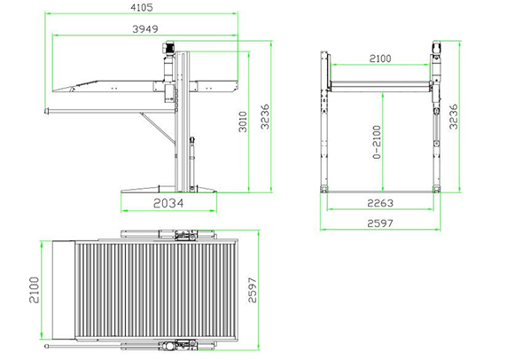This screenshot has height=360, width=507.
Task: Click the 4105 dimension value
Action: pyautogui.click(x=141, y=7)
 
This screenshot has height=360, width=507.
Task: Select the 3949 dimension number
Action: pyautogui.click(x=145, y=29)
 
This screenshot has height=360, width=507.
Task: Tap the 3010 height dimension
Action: pyautogui.click(x=243, y=122)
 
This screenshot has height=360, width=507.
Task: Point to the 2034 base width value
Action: pyautogui.click(x=168, y=203)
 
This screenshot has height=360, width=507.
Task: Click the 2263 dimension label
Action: pyautogui.click(x=380, y=203)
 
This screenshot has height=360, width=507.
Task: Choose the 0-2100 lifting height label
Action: pyautogui.click(x=377, y=143)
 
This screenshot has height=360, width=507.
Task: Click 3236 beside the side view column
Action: pyautogui.click(x=265, y=117)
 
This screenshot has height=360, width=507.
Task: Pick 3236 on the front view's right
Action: pyautogui.click(x=454, y=117)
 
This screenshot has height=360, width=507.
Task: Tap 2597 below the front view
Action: pyautogui.click(x=380, y=223)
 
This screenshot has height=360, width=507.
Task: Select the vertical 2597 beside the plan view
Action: pyautogui.click(x=253, y=290)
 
